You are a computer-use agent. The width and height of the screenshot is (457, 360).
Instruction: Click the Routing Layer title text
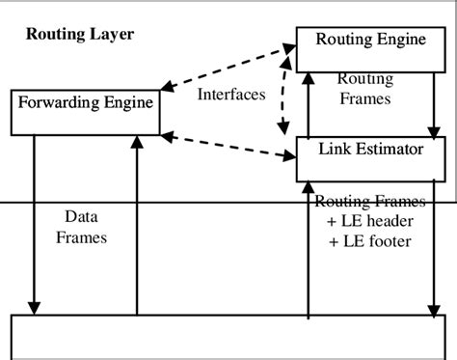(78, 36)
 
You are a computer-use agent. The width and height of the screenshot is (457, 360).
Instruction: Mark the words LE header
(372, 221)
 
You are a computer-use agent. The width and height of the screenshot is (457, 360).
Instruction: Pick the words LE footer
(372, 240)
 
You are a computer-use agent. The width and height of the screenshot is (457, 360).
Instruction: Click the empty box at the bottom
(228, 337)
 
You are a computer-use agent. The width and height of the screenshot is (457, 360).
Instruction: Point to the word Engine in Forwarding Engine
(126, 99)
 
